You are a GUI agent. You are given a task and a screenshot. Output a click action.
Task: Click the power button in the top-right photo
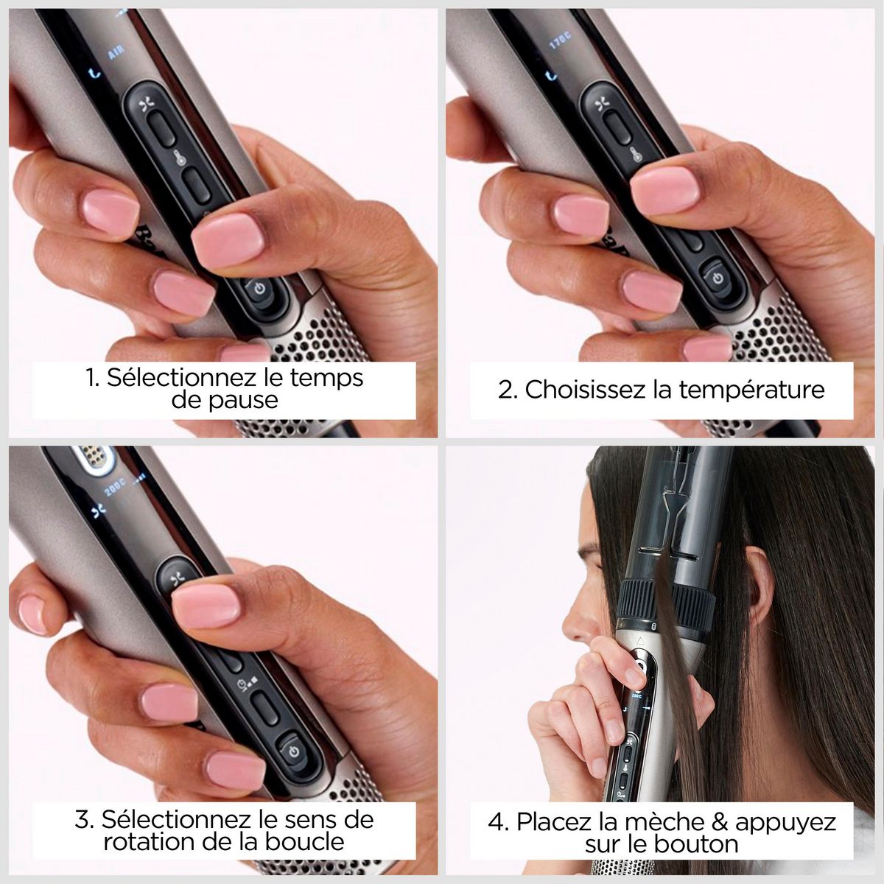[x=718, y=278]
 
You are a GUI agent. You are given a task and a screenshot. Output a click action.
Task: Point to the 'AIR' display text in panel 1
[x=116, y=54]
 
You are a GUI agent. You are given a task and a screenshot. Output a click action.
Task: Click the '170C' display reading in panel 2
[x=562, y=43]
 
